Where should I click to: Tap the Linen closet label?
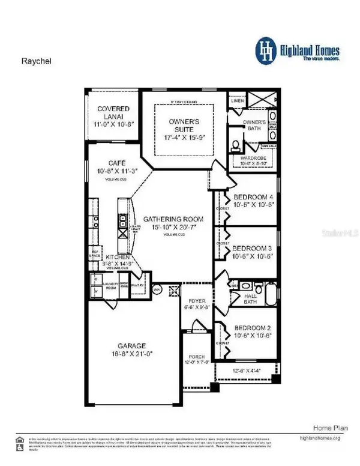(x=238, y=101)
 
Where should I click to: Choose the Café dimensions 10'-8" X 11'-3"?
(x=112, y=171)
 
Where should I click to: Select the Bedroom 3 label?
(x=253, y=247)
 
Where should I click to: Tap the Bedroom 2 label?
(x=253, y=327)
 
